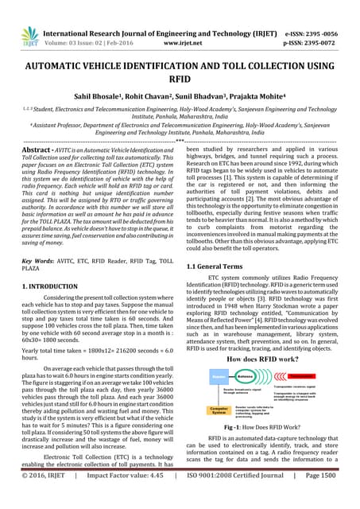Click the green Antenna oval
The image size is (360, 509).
pos(249,377)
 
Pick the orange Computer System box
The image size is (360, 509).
pos(219,410)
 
